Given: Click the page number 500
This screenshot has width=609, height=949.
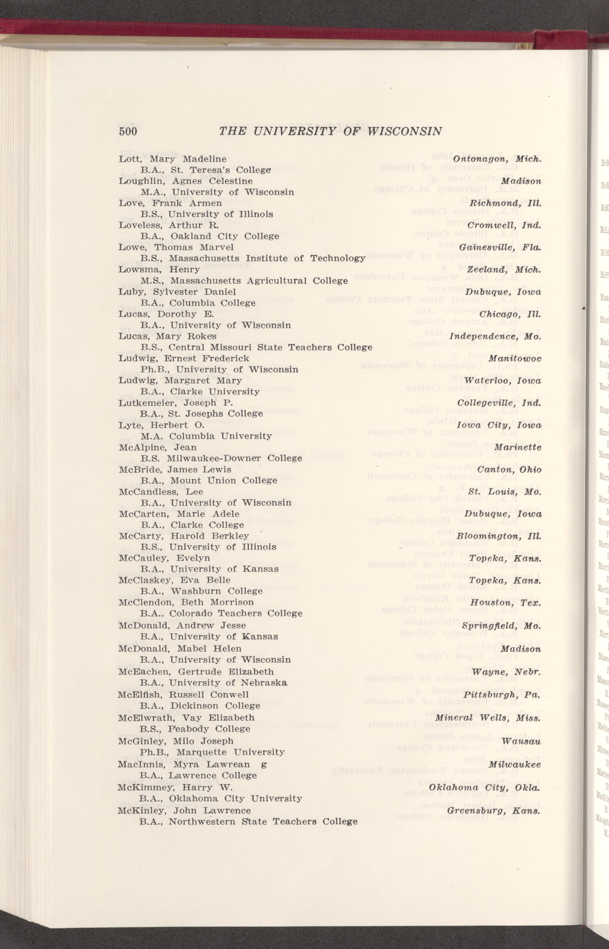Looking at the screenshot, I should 128,131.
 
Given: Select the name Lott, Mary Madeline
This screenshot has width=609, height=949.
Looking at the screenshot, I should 172,159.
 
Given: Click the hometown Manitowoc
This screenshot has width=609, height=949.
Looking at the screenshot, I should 514,359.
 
